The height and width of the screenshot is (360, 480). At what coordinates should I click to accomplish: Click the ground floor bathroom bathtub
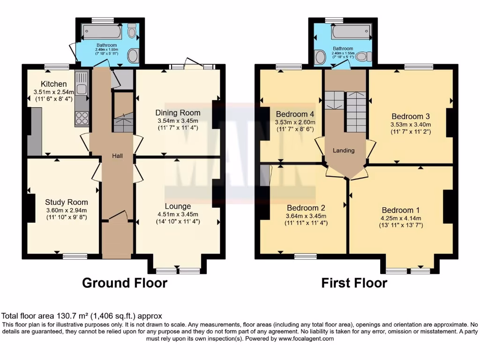102,32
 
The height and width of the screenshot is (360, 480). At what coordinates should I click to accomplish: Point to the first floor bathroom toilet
363,57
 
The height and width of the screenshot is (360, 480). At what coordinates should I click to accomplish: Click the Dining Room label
178,112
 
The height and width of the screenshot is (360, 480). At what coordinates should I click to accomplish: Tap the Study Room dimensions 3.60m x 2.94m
66,210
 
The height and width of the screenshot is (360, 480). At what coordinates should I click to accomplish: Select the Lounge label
178,206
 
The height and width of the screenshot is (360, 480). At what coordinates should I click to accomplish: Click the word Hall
117,156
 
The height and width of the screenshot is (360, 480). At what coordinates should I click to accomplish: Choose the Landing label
343,150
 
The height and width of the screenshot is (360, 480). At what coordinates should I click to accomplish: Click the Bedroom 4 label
294,114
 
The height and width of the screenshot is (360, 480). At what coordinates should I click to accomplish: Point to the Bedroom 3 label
411,116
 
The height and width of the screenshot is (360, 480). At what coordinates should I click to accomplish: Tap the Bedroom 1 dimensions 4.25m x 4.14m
401,218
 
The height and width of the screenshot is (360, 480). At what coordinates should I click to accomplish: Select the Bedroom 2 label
306,208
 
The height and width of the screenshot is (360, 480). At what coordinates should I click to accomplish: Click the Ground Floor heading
125,283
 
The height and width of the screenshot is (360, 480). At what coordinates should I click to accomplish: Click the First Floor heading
354,283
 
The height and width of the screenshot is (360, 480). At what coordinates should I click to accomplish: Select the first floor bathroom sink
321,58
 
